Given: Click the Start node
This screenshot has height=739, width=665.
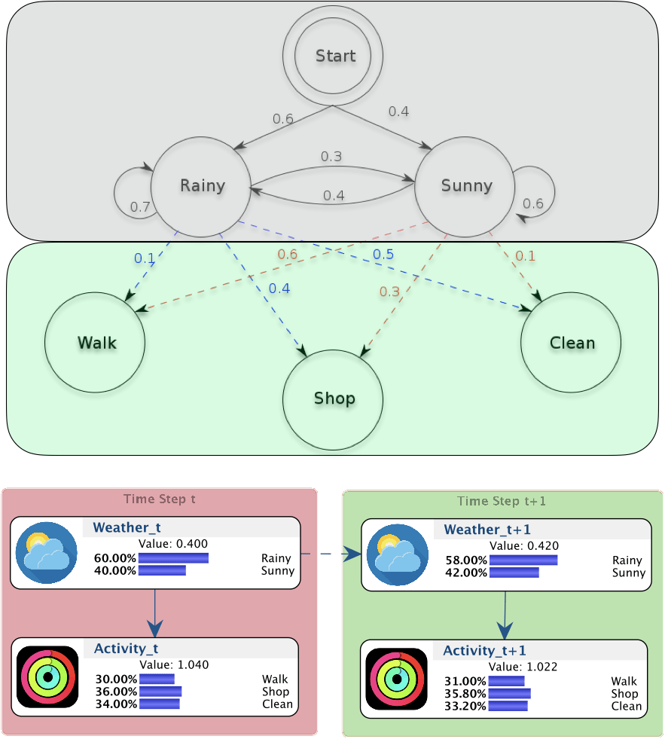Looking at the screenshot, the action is (x=333, y=56).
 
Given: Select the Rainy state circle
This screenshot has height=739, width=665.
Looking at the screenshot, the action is (x=201, y=187).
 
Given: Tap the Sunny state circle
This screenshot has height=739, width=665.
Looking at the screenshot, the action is (x=465, y=187).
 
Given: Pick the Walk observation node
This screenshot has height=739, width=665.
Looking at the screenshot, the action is (x=95, y=342).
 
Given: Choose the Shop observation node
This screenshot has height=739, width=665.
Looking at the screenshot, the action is (x=333, y=400).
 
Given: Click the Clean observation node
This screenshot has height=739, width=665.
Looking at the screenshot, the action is (x=571, y=342).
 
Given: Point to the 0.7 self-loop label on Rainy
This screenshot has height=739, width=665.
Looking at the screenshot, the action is (x=140, y=207).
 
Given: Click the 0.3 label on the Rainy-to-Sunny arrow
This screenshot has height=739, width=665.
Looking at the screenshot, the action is (x=331, y=157).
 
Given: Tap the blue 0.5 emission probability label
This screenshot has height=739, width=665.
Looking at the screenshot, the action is (x=383, y=255).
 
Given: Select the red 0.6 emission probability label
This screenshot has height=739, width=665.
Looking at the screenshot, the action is (x=288, y=255).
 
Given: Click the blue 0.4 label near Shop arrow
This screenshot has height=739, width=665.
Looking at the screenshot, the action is (x=279, y=289).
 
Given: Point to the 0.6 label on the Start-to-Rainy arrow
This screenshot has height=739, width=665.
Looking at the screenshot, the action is (x=282, y=119).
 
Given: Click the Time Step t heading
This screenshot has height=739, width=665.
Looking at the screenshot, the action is (x=160, y=499).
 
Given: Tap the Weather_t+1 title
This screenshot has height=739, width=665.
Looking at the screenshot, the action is (x=487, y=530).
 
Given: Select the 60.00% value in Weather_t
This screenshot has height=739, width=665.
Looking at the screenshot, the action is (x=115, y=558).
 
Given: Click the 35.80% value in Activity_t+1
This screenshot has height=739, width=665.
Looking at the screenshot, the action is (x=465, y=694).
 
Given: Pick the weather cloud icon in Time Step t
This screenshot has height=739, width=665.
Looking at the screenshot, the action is (x=46, y=553).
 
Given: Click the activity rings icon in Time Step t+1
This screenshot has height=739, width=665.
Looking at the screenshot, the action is (x=397, y=679).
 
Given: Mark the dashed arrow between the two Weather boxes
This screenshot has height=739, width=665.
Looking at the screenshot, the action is (x=331, y=554).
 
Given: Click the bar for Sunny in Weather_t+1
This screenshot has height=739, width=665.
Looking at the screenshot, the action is (x=514, y=573).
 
